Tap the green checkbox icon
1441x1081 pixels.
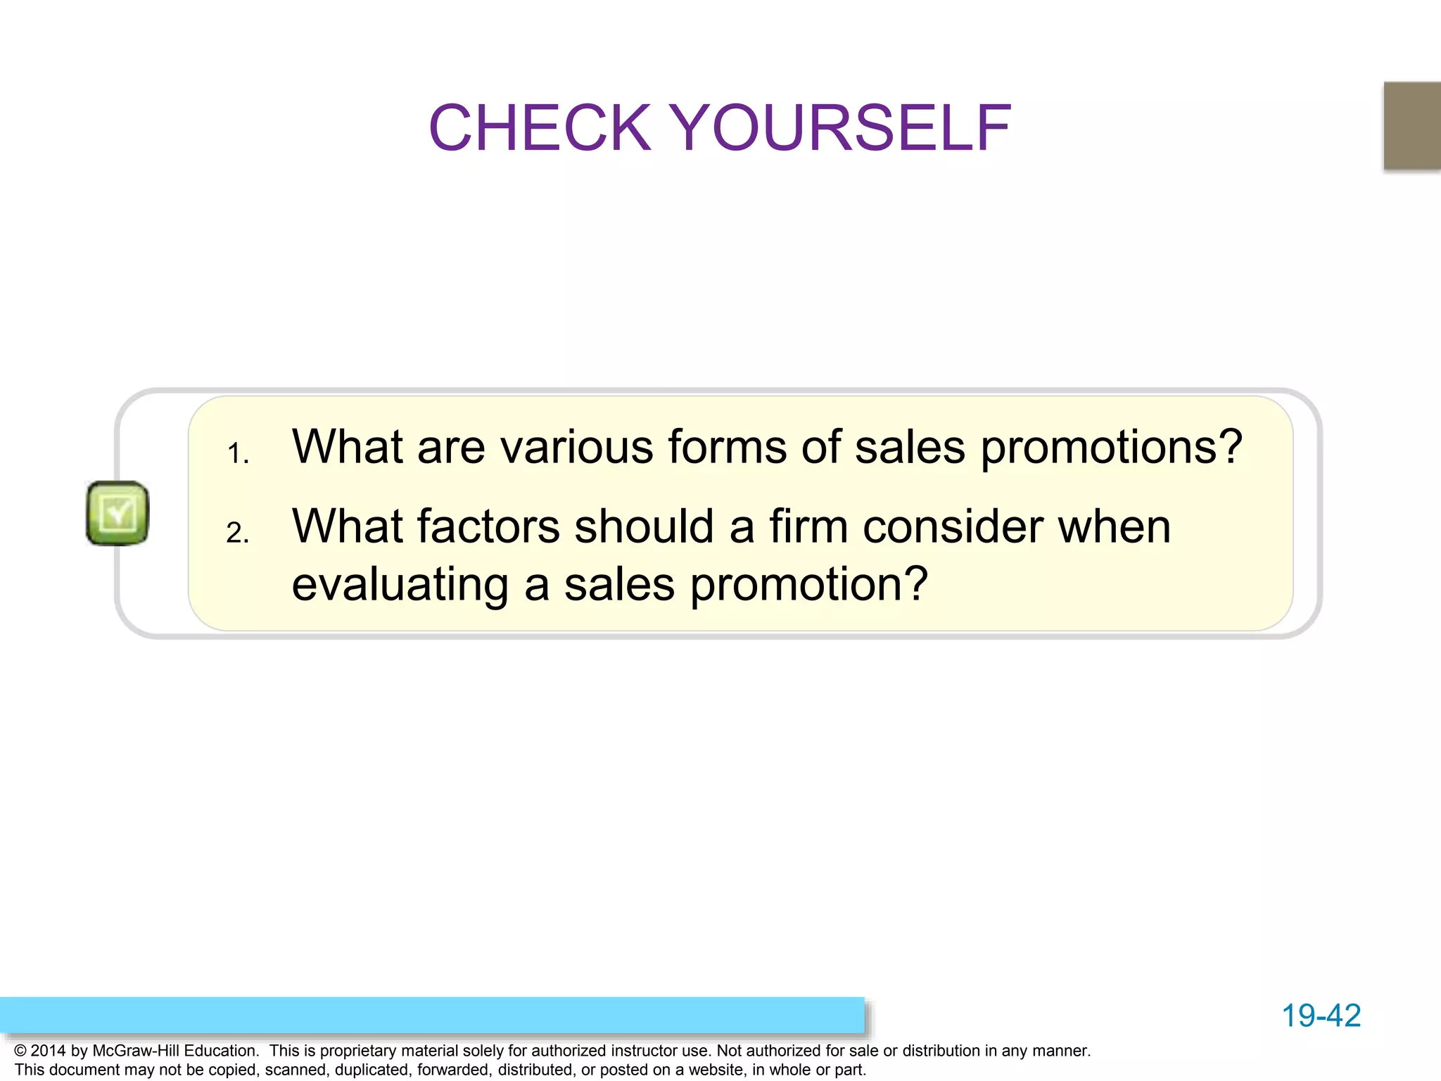(118, 513)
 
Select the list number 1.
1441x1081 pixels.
(237, 454)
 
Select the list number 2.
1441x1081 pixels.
(237, 533)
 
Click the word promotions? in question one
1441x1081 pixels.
(1112, 448)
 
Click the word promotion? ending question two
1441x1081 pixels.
(809, 585)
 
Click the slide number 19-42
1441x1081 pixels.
(1321, 1016)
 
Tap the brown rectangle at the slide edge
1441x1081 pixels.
(1411, 125)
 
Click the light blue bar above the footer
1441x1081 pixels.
(432, 1015)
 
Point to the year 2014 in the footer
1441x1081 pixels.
(48, 1051)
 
